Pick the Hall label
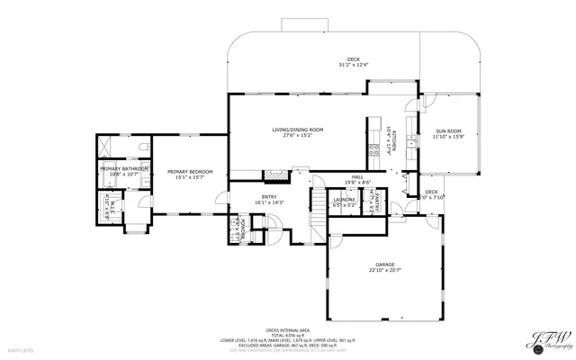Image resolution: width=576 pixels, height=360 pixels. click(357, 177)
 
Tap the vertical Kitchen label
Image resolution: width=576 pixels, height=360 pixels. click(389, 140)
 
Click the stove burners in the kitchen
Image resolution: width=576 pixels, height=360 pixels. click(373, 150)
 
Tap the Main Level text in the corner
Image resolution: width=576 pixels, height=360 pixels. click(21, 348)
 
